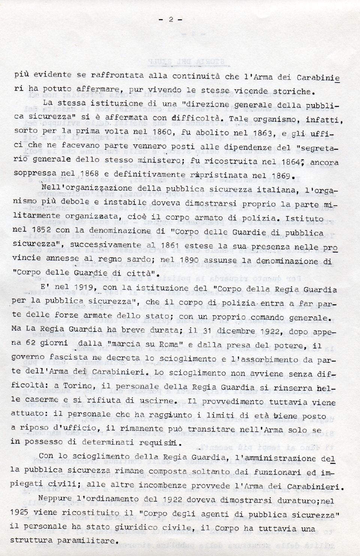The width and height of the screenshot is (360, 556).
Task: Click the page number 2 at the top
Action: click(171, 19)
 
